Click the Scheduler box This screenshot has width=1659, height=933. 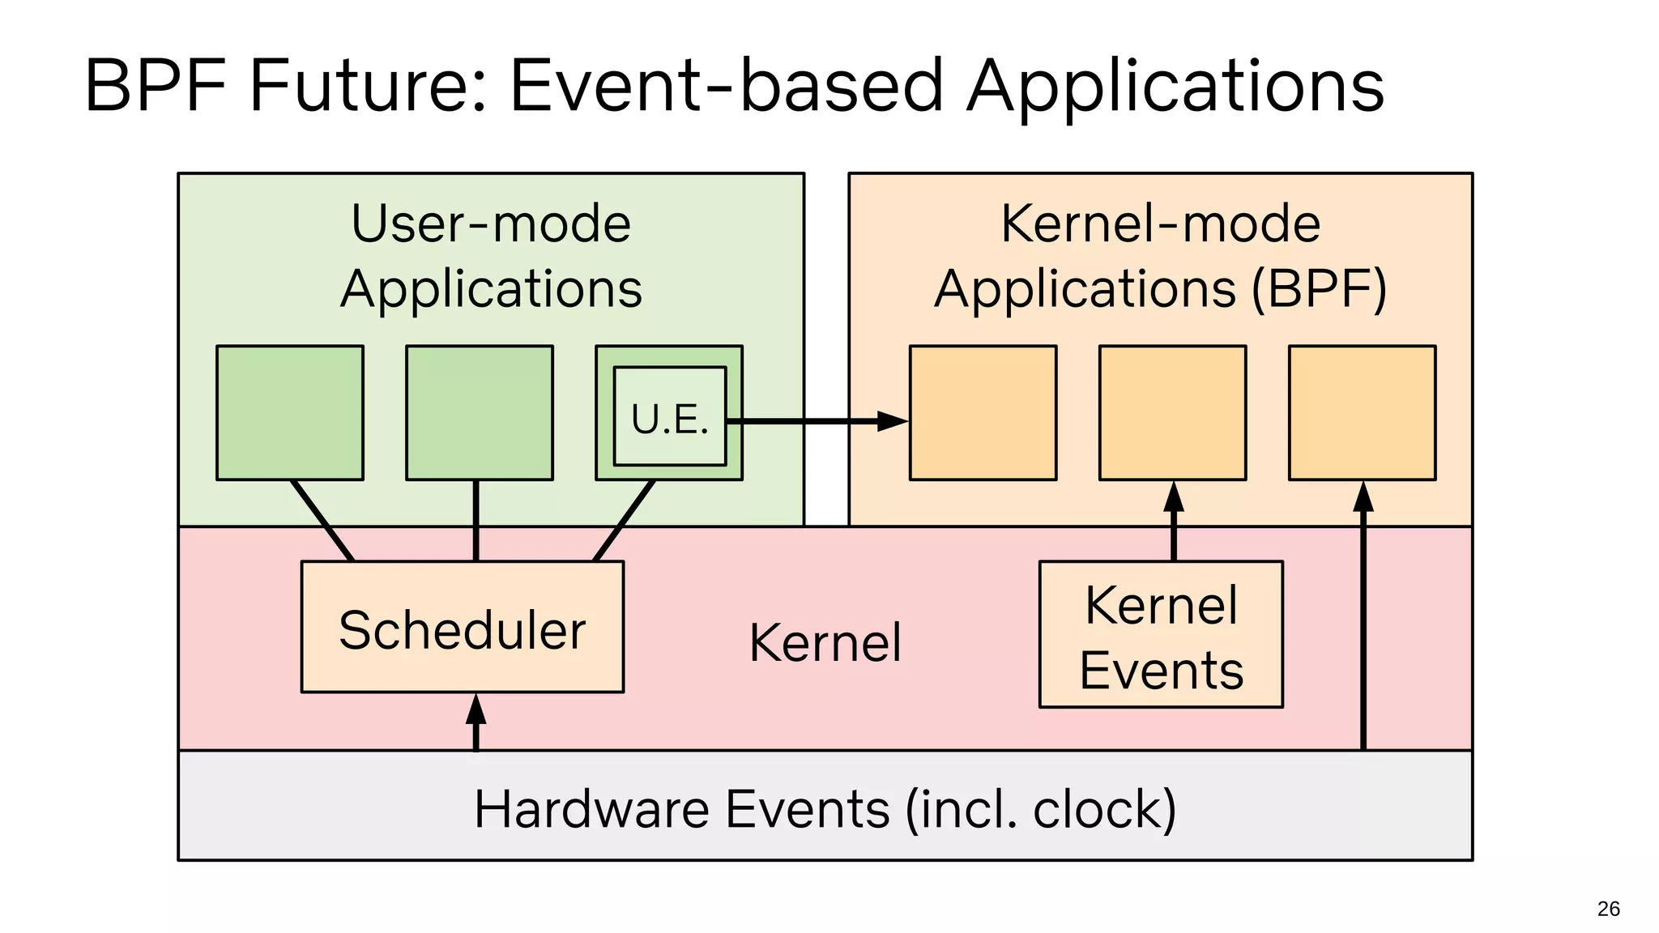[x=462, y=627]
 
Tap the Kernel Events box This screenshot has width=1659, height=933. [x=1161, y=634]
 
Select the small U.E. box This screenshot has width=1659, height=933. [x=670, y=417]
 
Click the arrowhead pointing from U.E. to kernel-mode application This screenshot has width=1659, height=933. [x=893, y=421]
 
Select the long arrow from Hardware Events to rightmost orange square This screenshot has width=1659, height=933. [x=1363, y=624]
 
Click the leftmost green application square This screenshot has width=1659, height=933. [x=290, y=413]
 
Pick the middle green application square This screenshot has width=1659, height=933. [x=480, y=413]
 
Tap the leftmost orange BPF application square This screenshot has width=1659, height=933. [x=983, y=413]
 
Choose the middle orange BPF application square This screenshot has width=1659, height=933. [x=1172, y=413]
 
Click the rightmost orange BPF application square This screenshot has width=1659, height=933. [x=1362, y=413]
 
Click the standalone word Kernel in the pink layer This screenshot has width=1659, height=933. [x=825, y=642]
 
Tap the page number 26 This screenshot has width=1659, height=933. [x=1608, y=909]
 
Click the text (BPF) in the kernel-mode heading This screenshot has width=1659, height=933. [x=1319, y=288]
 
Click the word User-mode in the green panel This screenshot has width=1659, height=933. [x=491, y=224]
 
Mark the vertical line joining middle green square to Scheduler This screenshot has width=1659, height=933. [x=476, y=520]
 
